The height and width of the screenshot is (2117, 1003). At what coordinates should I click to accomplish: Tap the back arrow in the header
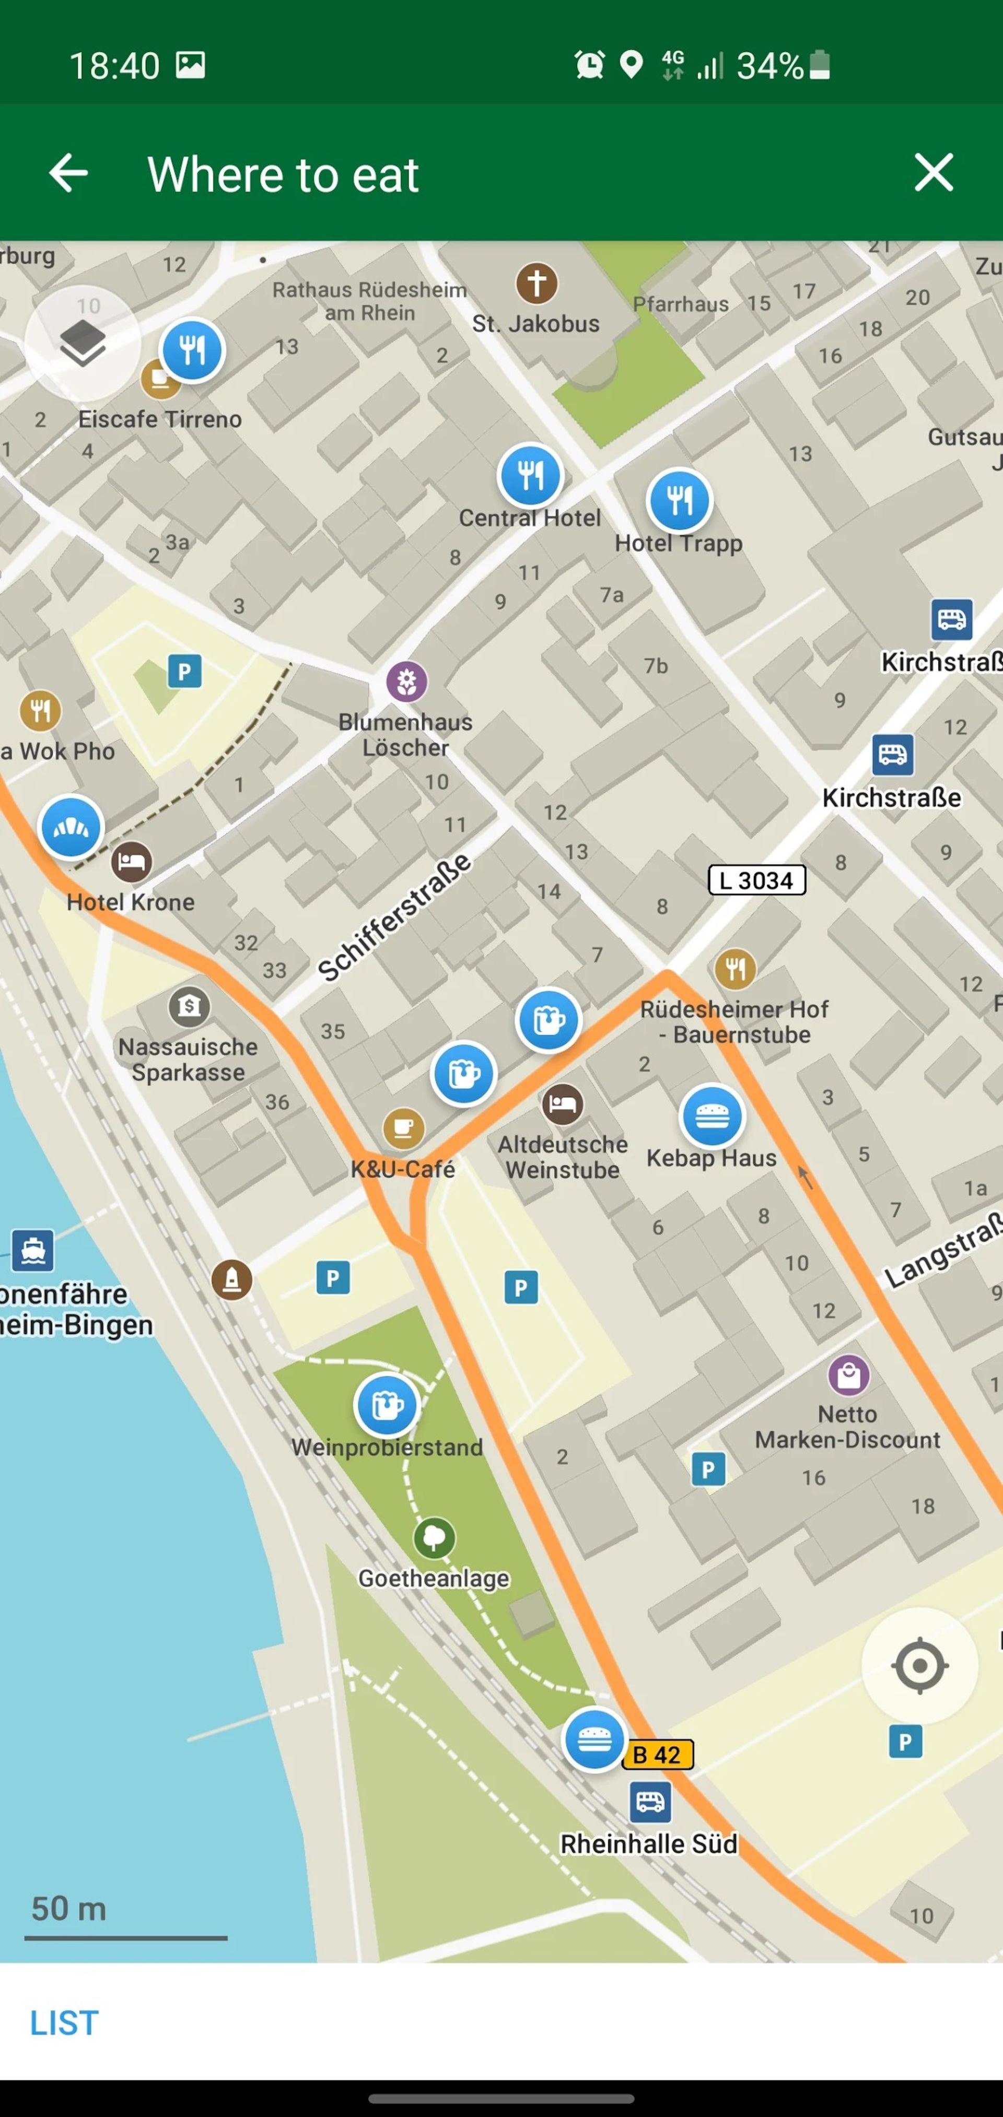click(x=68, y=173)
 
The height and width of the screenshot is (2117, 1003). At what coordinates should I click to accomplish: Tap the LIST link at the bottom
click(x=64, y=2022)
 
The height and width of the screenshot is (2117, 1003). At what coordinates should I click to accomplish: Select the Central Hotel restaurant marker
click(x=530, y=475)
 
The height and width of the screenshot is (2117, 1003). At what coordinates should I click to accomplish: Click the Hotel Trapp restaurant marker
click(x=679, y=500)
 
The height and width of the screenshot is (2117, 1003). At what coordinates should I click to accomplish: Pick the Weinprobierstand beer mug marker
click(x=387, y=1405)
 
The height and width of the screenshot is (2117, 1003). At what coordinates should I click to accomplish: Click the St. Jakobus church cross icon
click(x=537, y=284)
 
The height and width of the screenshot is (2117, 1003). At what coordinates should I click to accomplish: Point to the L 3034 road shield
click(x=756, y=880)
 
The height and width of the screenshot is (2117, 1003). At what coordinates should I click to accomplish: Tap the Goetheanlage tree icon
click(x=434, y=1537)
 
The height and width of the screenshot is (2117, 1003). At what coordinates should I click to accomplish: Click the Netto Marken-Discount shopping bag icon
click(x=848, y=1374)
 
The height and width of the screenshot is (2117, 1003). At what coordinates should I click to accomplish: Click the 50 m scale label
click(x=69, y=1908)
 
